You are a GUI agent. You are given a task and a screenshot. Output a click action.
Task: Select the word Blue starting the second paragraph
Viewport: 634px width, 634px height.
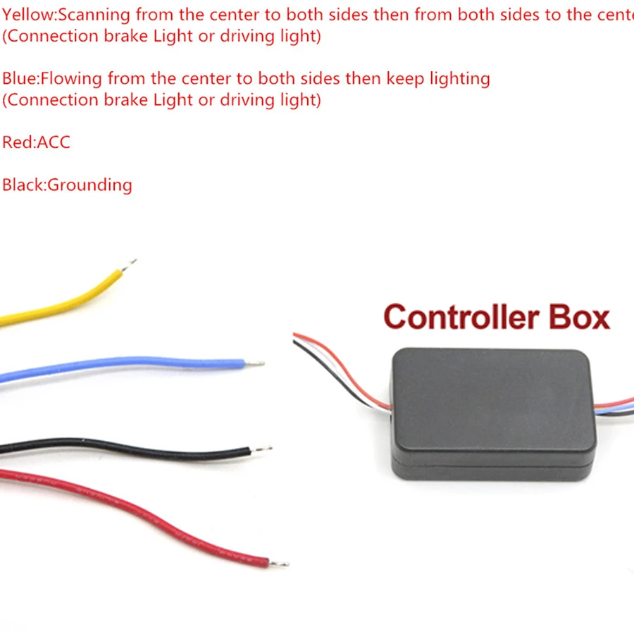tap(16, 78)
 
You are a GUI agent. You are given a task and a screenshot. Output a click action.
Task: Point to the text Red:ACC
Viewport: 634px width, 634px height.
tap(36, 142)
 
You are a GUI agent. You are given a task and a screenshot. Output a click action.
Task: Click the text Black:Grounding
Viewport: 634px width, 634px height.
tap(67, 185)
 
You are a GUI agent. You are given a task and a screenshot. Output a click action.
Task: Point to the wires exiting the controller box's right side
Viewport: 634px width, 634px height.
tap(614, 410)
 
